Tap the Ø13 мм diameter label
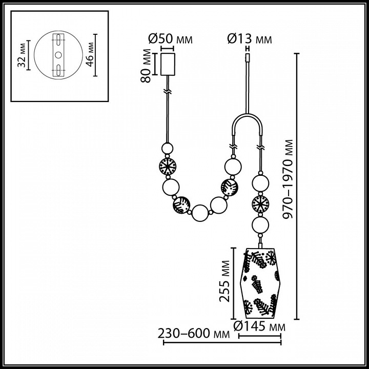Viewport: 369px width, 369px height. [249, 39]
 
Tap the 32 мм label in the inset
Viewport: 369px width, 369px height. [21, 55]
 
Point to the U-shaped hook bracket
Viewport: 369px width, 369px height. [248, 126]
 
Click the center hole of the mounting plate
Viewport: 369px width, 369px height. [58, 55]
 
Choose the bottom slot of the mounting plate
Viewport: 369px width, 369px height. [58, 69]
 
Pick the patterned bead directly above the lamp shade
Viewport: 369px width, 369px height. [260, 203]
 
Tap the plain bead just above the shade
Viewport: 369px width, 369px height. [260, 224]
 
